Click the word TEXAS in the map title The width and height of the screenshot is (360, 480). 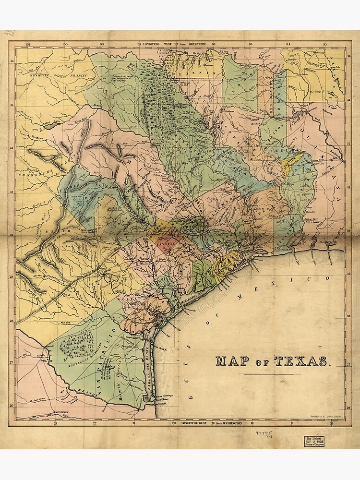pos(302,361)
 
